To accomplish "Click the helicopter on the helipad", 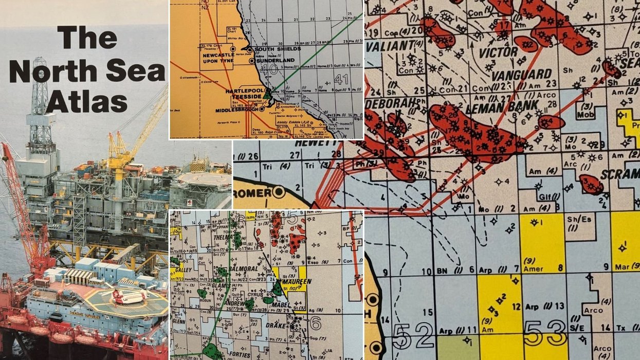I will click(x=126, y=296).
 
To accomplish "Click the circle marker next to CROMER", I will click(x=279, y=193).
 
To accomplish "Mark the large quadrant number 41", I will click(x=342, y=79).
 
